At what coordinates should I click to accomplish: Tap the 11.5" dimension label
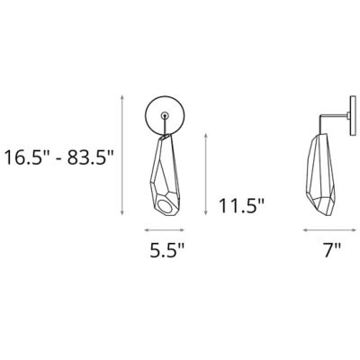tap(241, 206)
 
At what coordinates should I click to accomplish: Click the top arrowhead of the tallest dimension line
tap(121, 97)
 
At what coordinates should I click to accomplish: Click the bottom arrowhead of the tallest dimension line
tap(121, 212)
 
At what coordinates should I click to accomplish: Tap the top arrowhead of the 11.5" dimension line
tap(205, 136)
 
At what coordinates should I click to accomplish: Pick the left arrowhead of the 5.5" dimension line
tap(147, 230)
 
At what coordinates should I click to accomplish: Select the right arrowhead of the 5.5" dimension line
tap(182, 230)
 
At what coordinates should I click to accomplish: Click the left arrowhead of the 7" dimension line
tap(305, 230)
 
